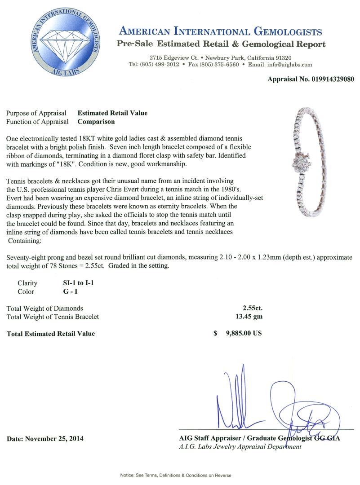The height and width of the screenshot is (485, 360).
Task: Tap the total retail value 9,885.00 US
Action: tap(241, 333)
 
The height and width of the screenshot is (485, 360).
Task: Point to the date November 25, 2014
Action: tap(45, 438)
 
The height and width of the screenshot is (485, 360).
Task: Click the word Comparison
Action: tap(96, 121)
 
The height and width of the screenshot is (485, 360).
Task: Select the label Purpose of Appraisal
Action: tap(36, 113)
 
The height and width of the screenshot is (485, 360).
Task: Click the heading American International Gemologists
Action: tap(220, 31)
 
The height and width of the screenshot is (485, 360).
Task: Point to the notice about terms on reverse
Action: tap(175, 475)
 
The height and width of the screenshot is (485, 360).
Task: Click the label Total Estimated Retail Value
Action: tap(51, 334)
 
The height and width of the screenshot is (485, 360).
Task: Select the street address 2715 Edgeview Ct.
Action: tap(174, 58)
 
